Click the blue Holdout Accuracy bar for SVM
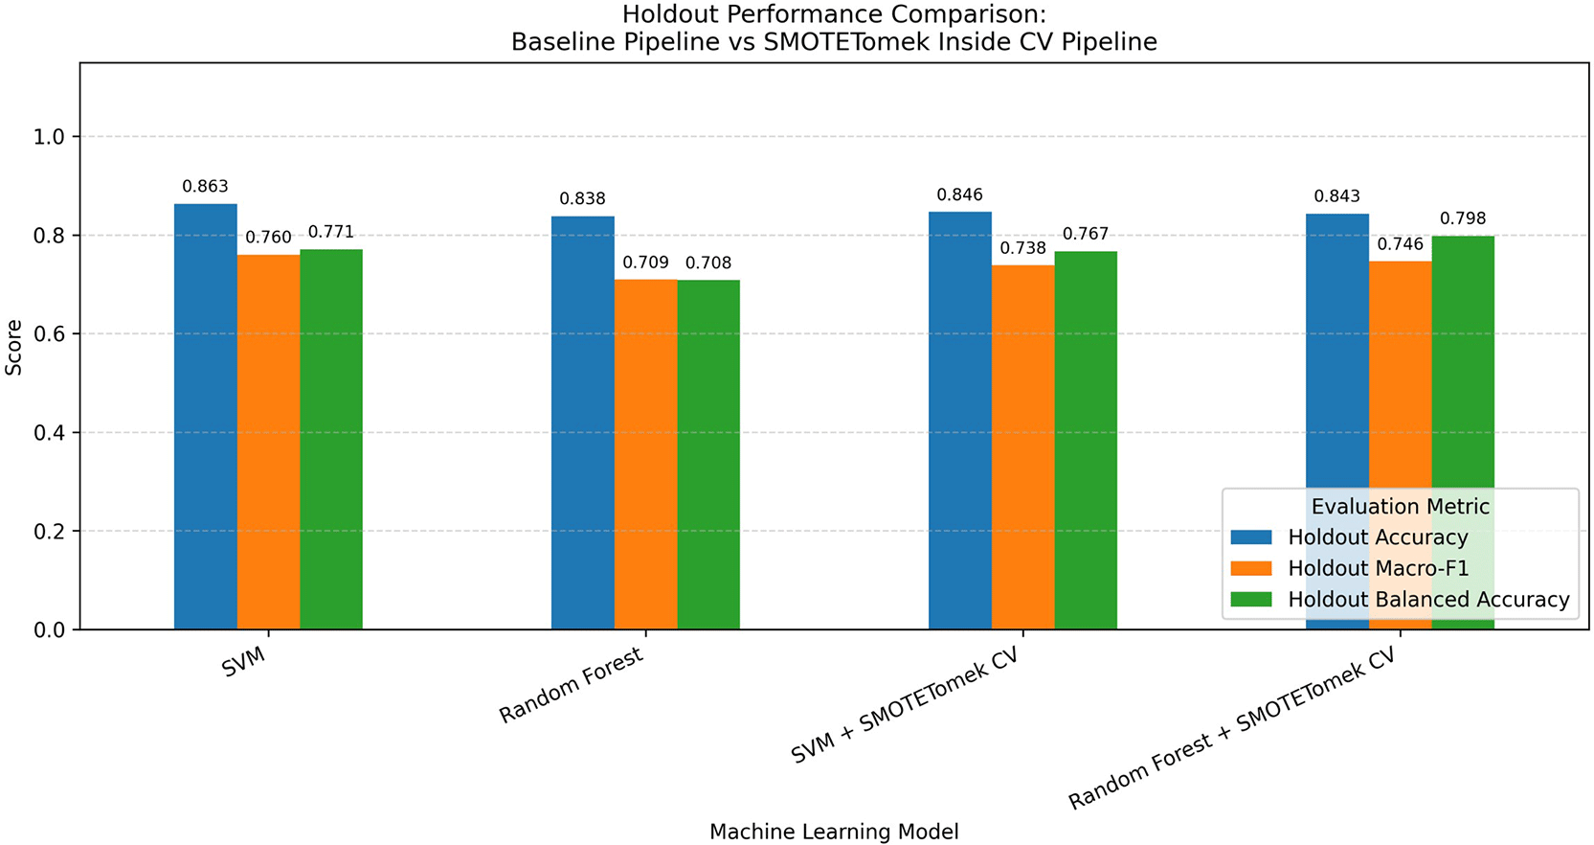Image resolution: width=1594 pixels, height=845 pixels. pyautogui.click(x=206, y=417)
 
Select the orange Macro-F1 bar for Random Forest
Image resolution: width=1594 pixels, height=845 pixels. pyautogui.click(x=645, y=454)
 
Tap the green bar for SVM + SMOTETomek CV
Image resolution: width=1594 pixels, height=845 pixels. pyautogui.click(x=1086, y=440)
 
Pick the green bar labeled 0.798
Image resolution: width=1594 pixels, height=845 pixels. pyautogui.click(x=1462, y=433)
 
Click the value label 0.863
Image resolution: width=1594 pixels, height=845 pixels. pyautogui.click(x=205, y=187)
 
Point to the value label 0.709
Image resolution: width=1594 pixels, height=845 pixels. pyautogui.click(x=645, y=263)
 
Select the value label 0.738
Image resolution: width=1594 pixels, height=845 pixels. pyautogui.click(x=1022, y=248)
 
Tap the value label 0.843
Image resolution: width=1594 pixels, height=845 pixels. pyautogui.click(x=1337, y=195)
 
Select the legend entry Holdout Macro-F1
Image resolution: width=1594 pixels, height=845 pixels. pyautogui.click(x=1379, y=568)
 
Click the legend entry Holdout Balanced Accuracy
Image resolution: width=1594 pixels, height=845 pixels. pyautogui.click(x=1429, y=600)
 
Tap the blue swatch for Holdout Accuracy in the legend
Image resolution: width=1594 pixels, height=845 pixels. pyautogui.click(x=1251, y=537)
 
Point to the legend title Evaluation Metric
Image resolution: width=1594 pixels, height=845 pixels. pyautogui.click(x=1401, y=506)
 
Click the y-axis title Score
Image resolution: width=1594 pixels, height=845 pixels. pyautogui.click(x=13, y=347)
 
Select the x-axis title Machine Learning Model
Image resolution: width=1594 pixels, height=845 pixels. pyautogui.click(x=834, y=832)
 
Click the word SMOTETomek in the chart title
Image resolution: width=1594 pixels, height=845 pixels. pyautogui.click(x=847, y=42)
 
